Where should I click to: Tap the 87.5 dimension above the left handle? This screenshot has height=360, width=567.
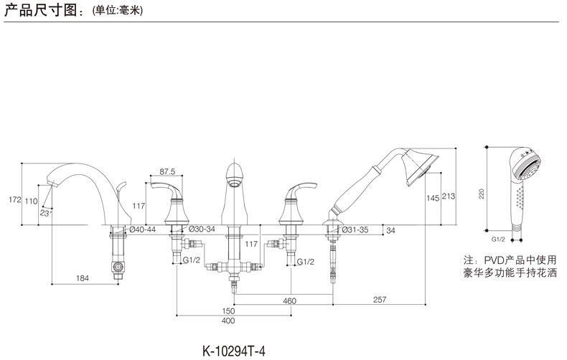[167, 172]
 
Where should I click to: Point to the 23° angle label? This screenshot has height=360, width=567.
[46, 213]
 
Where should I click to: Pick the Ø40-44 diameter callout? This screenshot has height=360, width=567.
[141, 229]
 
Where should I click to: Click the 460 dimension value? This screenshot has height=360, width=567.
[289, 300]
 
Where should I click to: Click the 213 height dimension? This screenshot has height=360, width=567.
[449, 196]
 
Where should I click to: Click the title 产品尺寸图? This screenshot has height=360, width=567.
[39, 11]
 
